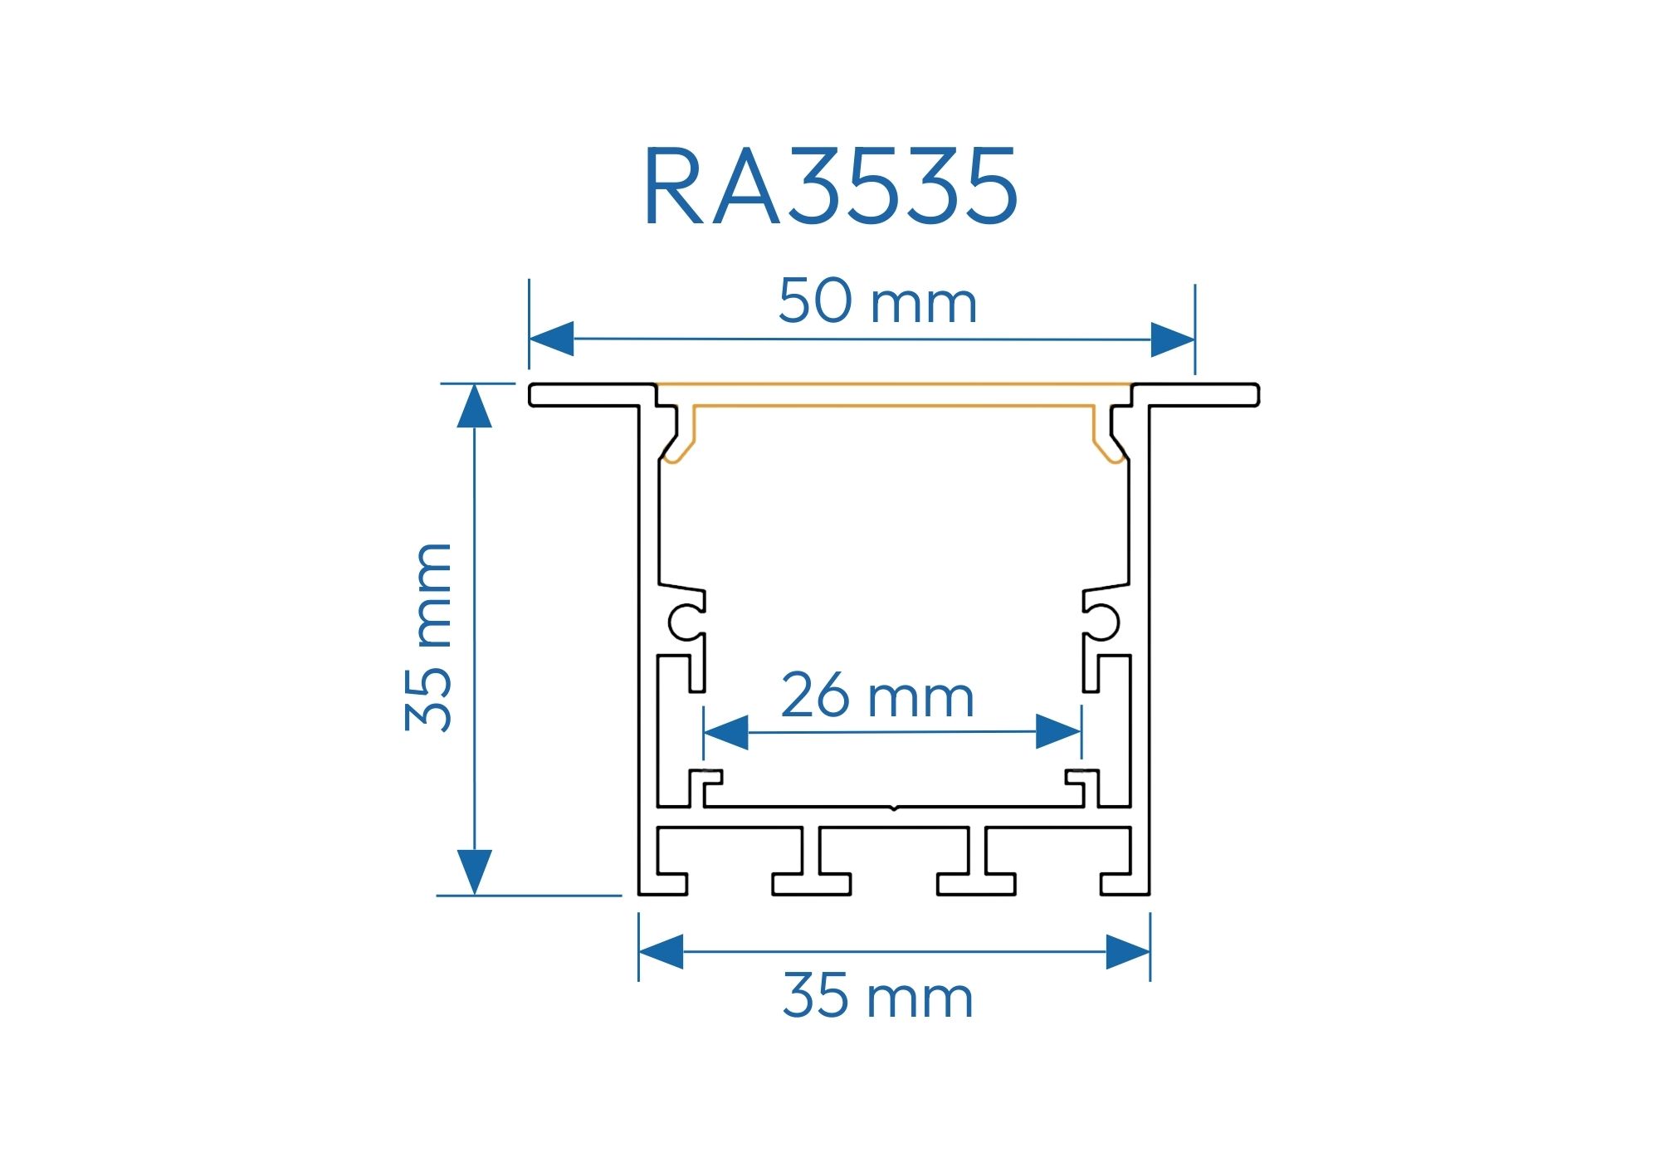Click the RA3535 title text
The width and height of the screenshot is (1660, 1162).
pos(830,187)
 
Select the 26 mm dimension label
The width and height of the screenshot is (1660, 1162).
pos(877,696)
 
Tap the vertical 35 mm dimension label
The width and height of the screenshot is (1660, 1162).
pos(428,637)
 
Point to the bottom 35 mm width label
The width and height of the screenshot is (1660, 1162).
pos(877,996)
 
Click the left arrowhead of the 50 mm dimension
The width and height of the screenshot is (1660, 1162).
pos(551,339)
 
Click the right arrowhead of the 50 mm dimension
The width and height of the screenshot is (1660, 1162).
pos(1173,339)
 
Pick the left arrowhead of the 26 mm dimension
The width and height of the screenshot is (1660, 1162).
pos(725,732)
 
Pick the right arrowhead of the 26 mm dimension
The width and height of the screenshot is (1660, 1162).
pos(1059,732)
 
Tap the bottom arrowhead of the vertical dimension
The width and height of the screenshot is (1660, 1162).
pos(474,873)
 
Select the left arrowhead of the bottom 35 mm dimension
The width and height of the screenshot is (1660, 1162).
pos(661,951)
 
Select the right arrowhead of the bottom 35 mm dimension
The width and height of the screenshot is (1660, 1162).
pos(1128,951)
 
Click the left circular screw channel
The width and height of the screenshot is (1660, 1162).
pos(685,622)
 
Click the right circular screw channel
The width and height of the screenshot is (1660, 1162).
pos(1103,622)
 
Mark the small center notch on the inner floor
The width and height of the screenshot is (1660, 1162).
pos(892,807)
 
